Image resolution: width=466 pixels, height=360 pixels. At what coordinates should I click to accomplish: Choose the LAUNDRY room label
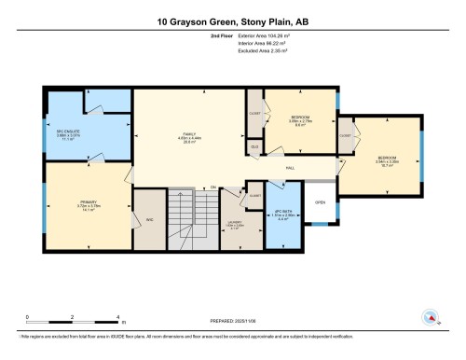pos(236,224)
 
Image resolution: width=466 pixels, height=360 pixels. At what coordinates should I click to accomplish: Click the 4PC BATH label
pos(284,216)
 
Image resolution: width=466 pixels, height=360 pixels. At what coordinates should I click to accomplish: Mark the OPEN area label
pos(319,203)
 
